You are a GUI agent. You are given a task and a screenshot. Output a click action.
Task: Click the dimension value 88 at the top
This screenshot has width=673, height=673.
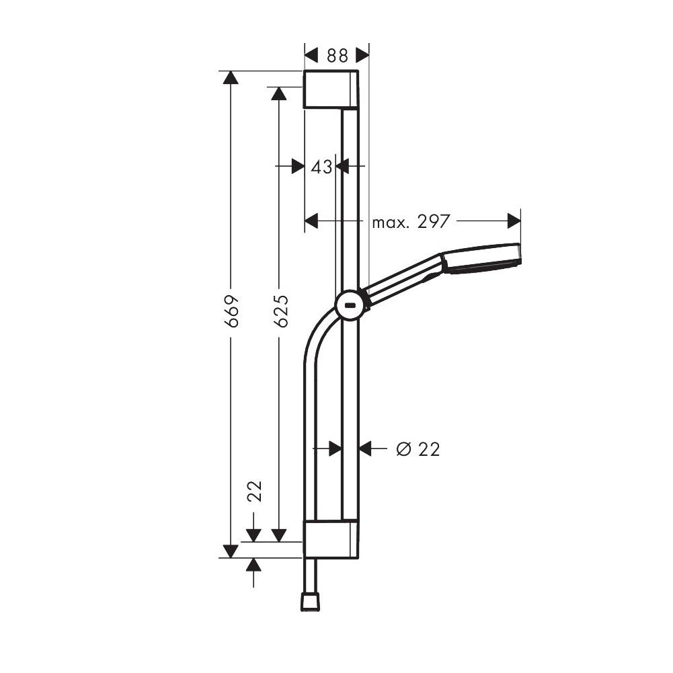[337, 55]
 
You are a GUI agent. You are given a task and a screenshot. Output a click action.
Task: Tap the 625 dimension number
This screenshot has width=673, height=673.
[282, 311]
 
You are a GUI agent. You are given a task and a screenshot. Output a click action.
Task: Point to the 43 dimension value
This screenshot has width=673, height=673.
[321, 166]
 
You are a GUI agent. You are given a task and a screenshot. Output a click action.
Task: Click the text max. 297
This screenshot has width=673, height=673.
[410, 221]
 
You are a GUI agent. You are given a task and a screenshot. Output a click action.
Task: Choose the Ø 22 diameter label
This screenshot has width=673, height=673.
[418, 449]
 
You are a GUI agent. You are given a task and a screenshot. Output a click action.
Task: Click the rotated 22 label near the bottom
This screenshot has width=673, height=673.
[254, 491]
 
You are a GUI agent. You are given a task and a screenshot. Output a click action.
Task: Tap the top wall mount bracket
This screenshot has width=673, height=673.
[330, 89]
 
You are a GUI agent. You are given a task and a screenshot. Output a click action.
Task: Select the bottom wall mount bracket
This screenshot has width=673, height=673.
[330, 539]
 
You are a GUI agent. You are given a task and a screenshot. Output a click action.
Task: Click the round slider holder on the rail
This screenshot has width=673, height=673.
[350, 305]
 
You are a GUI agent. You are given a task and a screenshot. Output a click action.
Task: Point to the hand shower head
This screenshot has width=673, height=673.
[481, 258]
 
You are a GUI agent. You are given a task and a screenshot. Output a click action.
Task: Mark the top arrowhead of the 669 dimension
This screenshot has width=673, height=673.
[231, 77]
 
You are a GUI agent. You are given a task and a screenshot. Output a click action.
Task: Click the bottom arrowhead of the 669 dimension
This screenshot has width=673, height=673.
[231, 551]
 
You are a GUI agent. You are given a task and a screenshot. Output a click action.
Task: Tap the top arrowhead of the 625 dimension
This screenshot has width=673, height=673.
[279, 93]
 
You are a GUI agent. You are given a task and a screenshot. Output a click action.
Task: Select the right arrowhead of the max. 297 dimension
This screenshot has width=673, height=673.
[514, 221]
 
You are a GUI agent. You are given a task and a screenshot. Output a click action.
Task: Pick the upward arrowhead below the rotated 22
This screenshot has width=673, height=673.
[253, 565]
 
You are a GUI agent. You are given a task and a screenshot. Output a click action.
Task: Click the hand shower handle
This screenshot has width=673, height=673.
[403, 277]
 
